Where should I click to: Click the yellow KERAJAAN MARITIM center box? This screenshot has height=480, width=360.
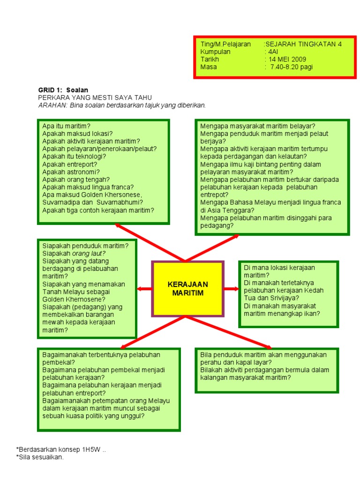pyautogui.click(x=187, y=288)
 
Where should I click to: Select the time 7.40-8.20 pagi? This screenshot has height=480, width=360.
pyautogui.click(x=292, y=67)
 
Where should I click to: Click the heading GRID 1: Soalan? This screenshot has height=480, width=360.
pyautogui.click(x=63, y=90)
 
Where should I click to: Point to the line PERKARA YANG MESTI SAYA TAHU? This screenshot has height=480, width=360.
pyautogui.click(x=95, y=97)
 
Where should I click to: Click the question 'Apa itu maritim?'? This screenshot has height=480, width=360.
pyautogui.click(x=66, y=126)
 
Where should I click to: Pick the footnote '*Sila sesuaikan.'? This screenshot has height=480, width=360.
pyautogui.click(x=40, y=457)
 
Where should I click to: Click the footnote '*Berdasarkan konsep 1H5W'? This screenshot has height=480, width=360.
pyautogui.click(x=59, y=450)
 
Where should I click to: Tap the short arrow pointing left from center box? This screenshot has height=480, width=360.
pyautogui.click(x=144, y=289)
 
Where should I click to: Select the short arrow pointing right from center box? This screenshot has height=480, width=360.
pyautogui.click(x=231, y=289)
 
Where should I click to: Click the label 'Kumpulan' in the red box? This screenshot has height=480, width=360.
pyautogui.click(x=215, y=52)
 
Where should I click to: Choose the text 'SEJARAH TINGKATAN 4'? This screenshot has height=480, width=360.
pyautogui.click(x=304, y=45)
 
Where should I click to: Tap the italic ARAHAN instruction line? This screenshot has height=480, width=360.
pyautogui.click(x=122, y=105)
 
